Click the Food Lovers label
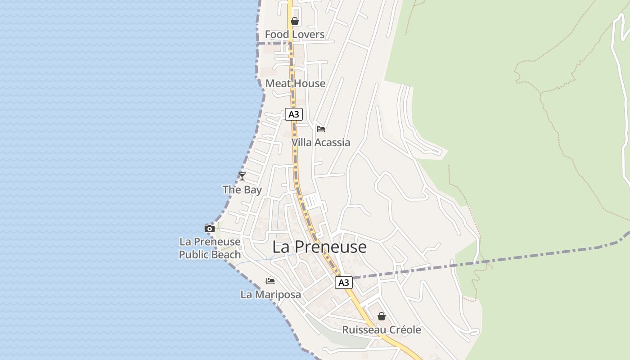tap(294, 35)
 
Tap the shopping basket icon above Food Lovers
tap(295, 21)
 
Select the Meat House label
tap(295, 83)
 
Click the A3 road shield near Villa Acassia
tap(293, 114)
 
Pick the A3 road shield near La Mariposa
tap(343, 283)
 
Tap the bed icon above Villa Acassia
tap(321, 129)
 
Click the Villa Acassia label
tap(320, 143)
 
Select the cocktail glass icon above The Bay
tap(242, 176)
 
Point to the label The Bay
tap(242, 190)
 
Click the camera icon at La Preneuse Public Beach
tap(209, 229)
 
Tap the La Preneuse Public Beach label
tap(210, 248)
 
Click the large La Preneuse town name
tap(319, 247)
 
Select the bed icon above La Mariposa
tap(270, 281)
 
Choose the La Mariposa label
tap(270, 295)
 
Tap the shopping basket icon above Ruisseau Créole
tap(382, 316)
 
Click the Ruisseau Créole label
tap(382, 330)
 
